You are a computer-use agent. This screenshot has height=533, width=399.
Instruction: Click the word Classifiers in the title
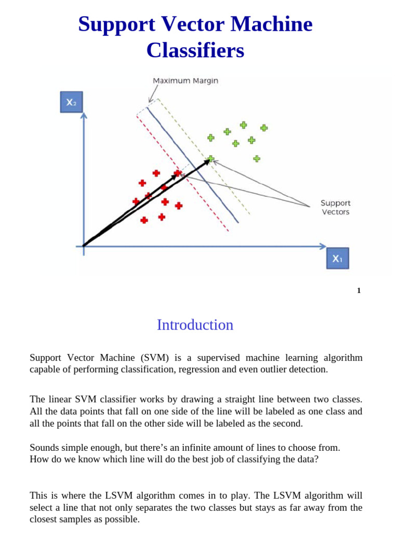pos(195,50)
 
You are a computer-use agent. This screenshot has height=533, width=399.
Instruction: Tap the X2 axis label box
pos(71,102)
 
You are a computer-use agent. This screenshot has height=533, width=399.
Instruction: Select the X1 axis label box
pos(337,258)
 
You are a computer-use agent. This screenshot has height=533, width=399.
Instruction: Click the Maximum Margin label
pos(185,81)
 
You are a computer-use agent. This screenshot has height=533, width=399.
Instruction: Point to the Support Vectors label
pos(335,207)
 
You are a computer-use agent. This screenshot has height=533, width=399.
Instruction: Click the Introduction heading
pos(195,325)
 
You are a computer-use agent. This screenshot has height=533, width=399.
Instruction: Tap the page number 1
pos(358,290)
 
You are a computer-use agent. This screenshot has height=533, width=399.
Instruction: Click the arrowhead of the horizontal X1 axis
pos(323,246)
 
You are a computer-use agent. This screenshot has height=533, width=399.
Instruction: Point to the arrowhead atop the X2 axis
pos(84,115)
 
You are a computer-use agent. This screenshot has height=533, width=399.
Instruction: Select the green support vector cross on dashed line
pos(211,158)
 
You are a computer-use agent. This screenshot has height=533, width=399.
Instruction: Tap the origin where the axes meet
pos(84,246)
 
